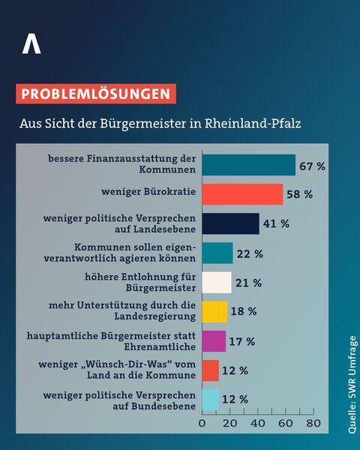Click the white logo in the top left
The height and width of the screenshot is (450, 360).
click(x=31, y=44)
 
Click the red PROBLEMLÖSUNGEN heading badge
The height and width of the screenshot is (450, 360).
click(x=95, y=94)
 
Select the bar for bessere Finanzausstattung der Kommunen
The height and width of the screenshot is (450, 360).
click(x=248, y=165)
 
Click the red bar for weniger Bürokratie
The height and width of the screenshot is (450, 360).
click(x=242, y=194)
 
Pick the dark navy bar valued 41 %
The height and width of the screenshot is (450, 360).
click(x=230, y=223)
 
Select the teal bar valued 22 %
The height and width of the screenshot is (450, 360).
click(x=217, y=253)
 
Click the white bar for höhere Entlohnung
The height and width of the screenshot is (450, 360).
click(x=217, y=282)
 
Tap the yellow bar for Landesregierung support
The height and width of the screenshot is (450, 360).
click(x=214, y=311)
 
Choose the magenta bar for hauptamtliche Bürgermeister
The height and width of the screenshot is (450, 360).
click(x=214, y=340)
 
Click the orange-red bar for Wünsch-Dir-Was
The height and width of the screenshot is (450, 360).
click(x=210, y=370)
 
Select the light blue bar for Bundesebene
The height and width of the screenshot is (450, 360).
click(x=210, y=399)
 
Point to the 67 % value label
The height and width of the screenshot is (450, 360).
click(x=312, y=166)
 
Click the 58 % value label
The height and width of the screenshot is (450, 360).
click(x=299, y=195)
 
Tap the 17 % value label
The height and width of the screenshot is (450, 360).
click(x=242, y=341)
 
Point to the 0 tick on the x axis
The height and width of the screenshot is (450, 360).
click(x=202, y=424)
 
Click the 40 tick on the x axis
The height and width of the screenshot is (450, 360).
click(x=257, y=424)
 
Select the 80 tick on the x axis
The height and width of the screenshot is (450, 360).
click(x=313, y=424)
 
